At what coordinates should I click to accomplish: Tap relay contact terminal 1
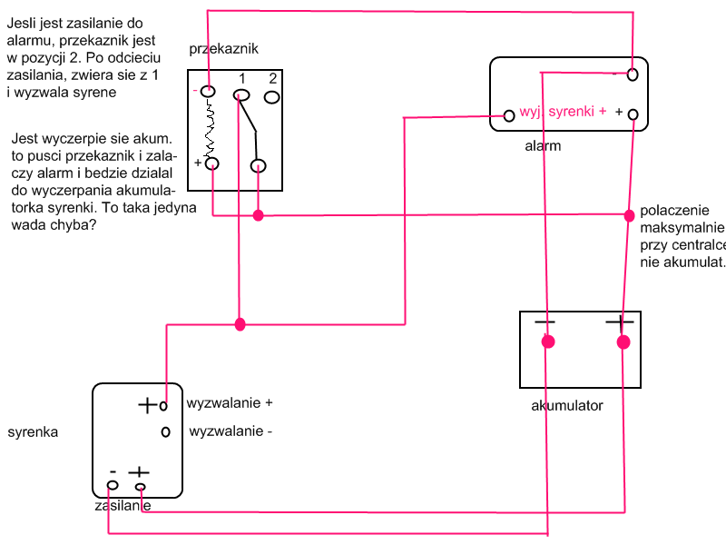point(241,94)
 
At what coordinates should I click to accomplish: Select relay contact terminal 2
point(272,94)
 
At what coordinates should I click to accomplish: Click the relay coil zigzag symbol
point(210,127)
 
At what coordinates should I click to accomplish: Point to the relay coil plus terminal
point(212,163)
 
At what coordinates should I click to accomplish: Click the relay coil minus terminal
point(209,91)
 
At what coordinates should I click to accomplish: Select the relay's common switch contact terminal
point(259,165)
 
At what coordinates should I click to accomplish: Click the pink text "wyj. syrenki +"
point(563,112)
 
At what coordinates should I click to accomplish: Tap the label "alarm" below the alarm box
point(543,145)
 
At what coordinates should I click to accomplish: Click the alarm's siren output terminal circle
point(509,115)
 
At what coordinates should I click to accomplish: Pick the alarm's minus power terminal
point(633,74)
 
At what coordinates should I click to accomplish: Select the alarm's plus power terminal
point(633,114)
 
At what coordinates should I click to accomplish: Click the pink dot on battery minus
point(547,342)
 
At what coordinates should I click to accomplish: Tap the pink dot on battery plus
point(623,342)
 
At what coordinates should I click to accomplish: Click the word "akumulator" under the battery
point(567,406)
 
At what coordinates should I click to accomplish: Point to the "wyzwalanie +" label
point(230,401)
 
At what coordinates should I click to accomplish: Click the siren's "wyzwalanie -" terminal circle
point(165,431)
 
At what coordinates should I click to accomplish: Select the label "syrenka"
point(33,432)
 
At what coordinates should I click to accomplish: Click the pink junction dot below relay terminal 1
point(240,324)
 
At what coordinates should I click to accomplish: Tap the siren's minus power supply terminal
point(113,486)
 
